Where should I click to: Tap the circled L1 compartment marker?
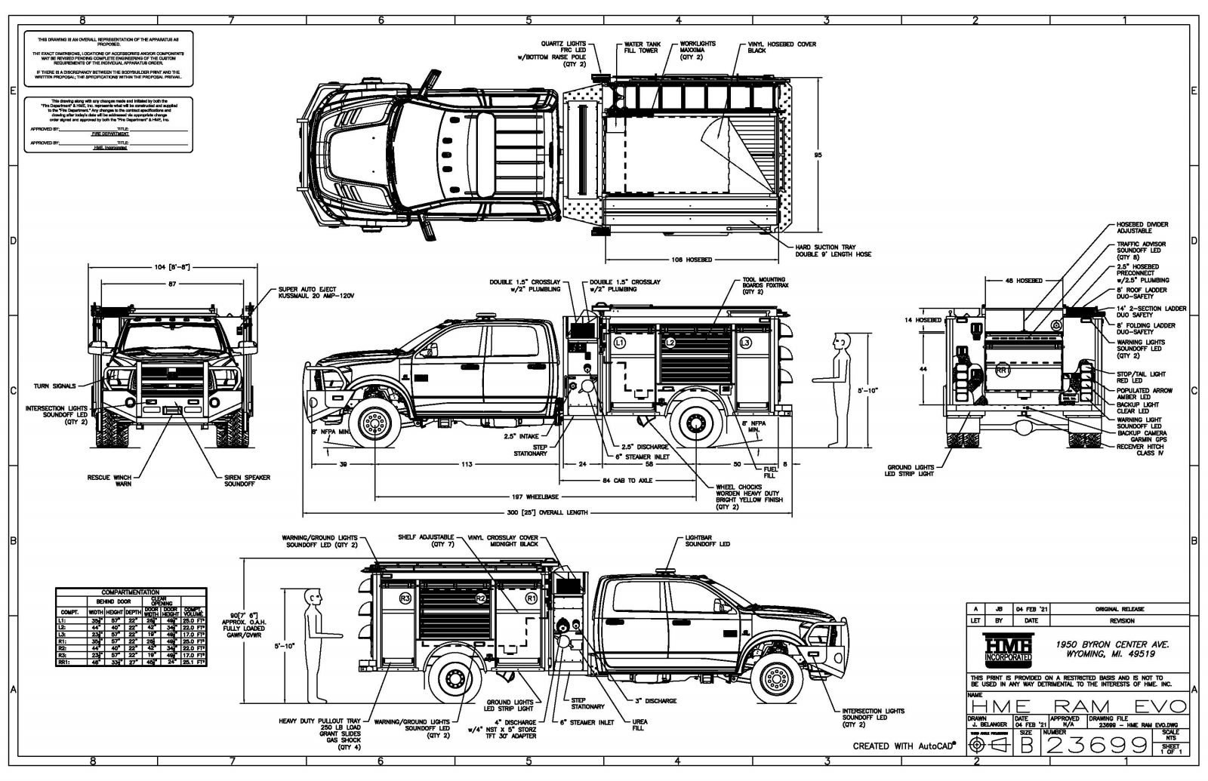[x=620, y=343]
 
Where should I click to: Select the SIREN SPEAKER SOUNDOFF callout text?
[x=247, y=481]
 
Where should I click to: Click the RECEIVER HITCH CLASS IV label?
[x=1142, y=449]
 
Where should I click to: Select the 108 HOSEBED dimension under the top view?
[x=692, y=260]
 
